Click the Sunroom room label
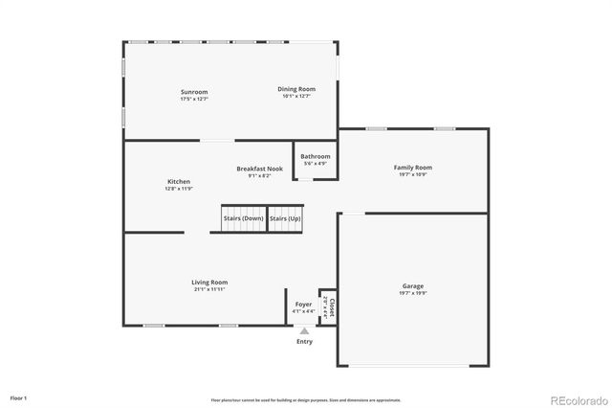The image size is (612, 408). point(194,92)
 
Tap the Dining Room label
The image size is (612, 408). point(297,89)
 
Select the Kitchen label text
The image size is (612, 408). point(179,181)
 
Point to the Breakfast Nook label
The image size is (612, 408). point(260,169)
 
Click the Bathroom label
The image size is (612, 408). point(316,156)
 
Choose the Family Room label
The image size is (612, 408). point(413,168)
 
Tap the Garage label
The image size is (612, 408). point(413,285)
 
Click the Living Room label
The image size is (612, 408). point(209,282)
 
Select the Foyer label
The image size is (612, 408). point(303,304)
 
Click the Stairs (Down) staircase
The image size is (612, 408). point(244,218)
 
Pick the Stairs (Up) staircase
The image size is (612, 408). point(285,218)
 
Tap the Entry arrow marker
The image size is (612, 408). point(304,331)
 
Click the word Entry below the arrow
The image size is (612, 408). point(304,342)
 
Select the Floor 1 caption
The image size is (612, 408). point(19,397)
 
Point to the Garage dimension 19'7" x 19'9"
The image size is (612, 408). point(413,293)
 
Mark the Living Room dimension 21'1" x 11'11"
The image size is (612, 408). point(209,288)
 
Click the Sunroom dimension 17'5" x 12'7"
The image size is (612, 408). point(194,99)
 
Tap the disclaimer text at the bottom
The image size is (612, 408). point(306,400)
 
